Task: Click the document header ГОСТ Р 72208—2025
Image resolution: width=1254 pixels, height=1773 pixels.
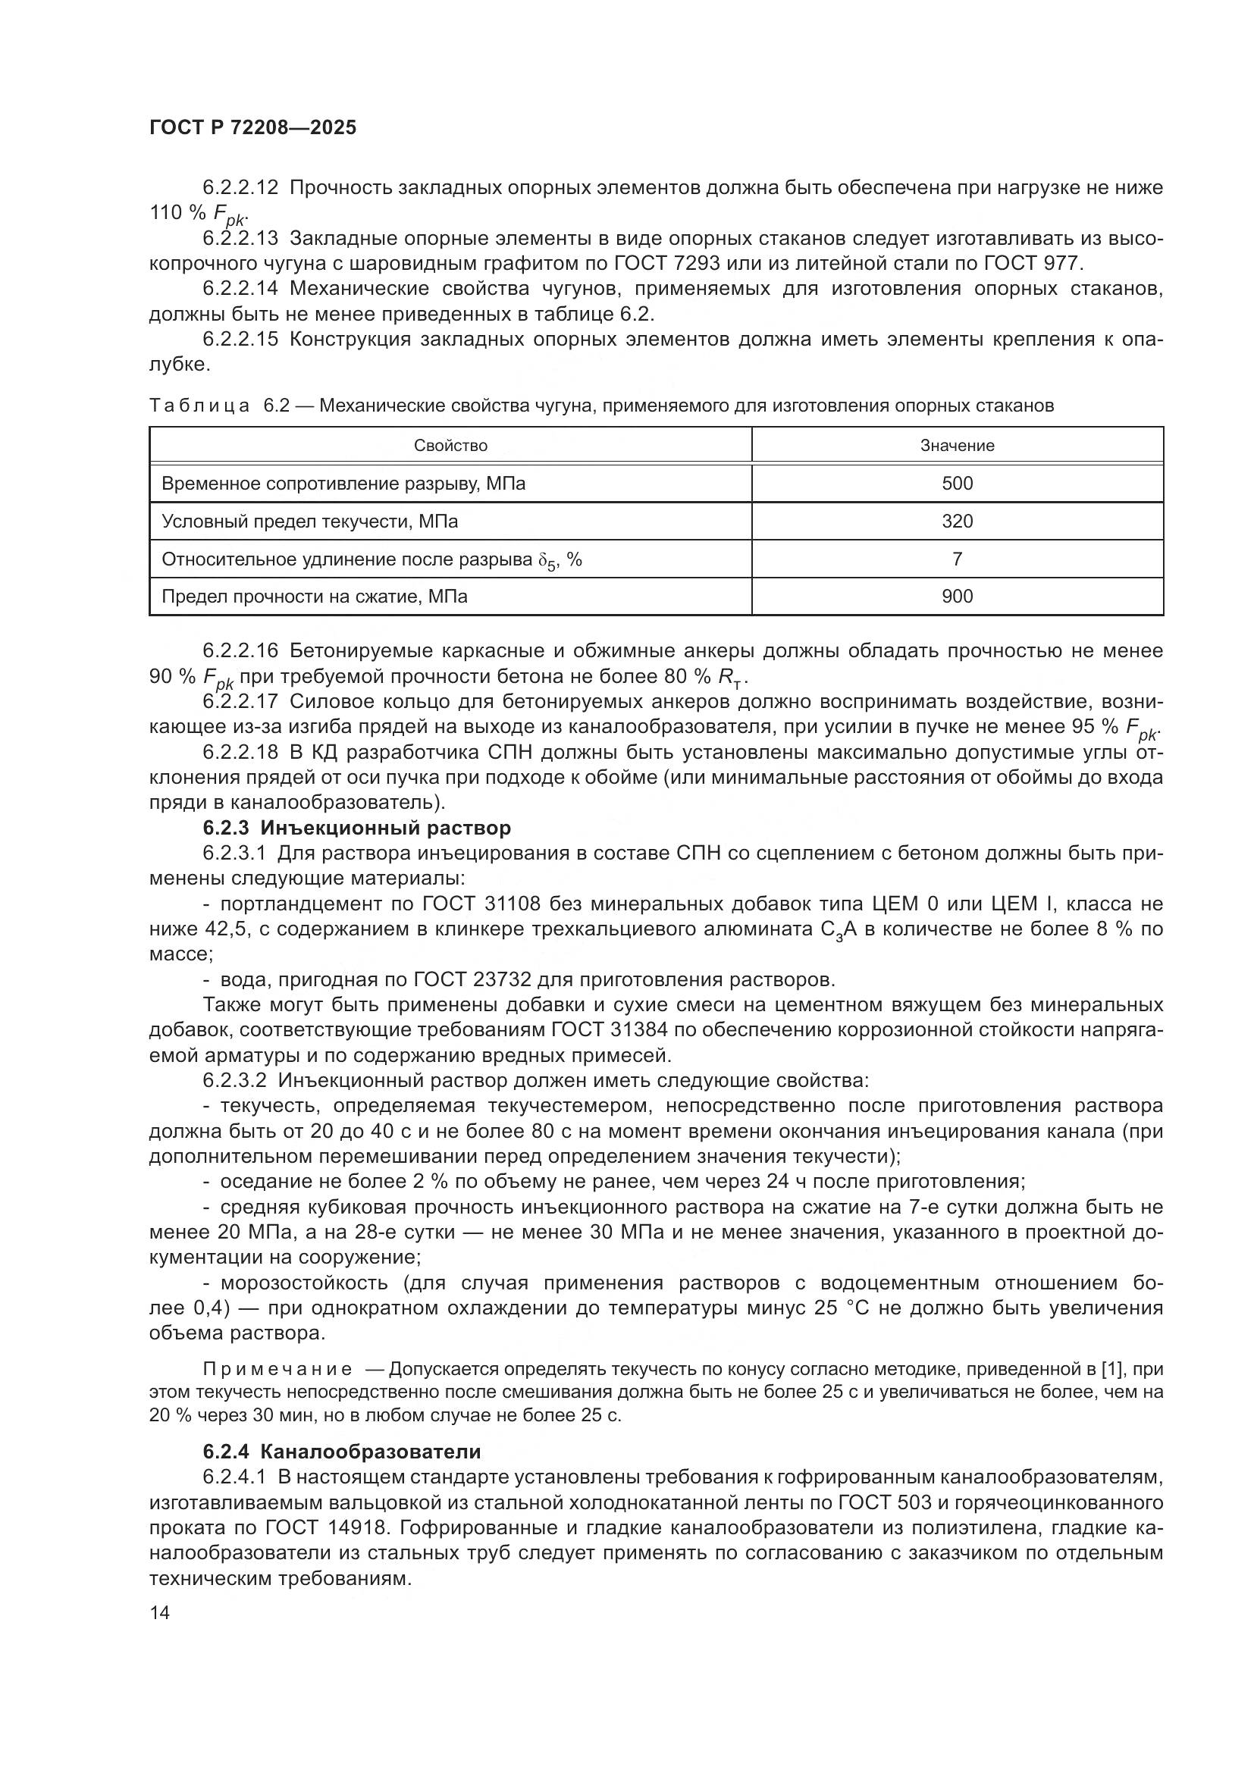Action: click(x=252, y=128)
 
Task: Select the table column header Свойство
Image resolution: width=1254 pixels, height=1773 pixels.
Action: click(x=450, y=446)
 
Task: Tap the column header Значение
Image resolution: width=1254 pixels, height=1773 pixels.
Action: click(x=957, y=446)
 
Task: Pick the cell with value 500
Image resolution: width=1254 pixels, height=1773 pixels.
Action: click(x=957, y=484)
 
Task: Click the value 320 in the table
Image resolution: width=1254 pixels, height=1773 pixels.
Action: click(x=957, y=522)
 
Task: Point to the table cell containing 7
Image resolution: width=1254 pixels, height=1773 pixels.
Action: click(x=957, y=559)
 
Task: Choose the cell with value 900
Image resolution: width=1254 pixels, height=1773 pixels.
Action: click(x=957, y=596)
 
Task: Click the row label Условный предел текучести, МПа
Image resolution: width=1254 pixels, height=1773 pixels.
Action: click(x=309, y=522)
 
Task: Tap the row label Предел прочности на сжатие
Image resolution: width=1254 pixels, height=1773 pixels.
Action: click(x=315, y=596)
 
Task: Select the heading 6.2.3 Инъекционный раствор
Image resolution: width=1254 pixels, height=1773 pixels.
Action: click(x=357, y=828)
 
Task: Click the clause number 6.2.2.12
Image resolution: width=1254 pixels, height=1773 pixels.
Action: click(x=240, y=188)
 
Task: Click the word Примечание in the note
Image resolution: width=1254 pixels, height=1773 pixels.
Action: click(x=277, y=1370)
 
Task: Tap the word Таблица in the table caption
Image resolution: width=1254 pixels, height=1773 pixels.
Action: click(x=199, y=406)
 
